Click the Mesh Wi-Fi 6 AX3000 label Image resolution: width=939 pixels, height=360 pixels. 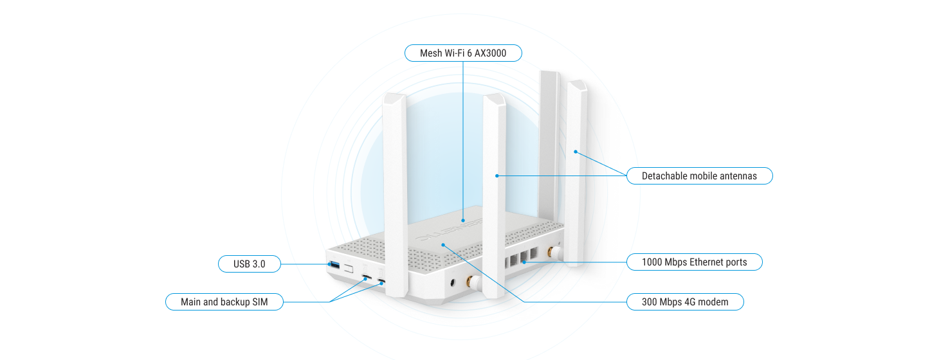(x=462, y=53)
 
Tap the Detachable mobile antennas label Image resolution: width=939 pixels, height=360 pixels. (x=699, y=175)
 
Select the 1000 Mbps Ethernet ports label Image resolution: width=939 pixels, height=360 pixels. (x=694, y=262)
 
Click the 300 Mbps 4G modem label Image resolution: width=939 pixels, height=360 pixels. (x=685, y=301)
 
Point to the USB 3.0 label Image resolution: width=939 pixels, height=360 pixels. (x=249, y=263)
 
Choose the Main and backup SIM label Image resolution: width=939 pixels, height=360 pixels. (x=224, y=301)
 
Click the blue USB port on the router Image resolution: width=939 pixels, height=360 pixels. (x=334, y=264)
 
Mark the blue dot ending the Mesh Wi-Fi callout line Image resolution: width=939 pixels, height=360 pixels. (x=462, y=220)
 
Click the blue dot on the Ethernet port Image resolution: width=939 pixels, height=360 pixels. (x=525, y=262)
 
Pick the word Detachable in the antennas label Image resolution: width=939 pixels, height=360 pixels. (x=664, y=175)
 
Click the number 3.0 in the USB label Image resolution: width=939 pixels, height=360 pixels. (x=258, y=263)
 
